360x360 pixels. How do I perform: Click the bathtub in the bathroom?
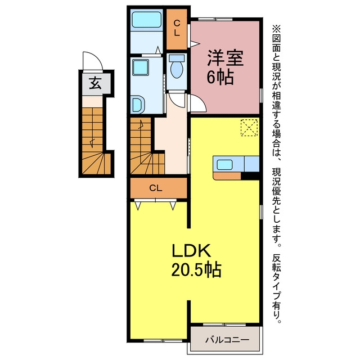[146, 20]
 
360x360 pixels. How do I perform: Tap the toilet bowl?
[177, 68]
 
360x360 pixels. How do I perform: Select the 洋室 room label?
[225, 58]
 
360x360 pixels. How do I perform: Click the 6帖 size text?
[220, 77]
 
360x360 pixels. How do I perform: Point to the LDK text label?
[192, 251]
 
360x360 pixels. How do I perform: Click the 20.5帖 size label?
[196, 269]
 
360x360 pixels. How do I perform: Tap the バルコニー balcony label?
[227, 340]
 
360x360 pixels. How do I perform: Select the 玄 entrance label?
[95, 83]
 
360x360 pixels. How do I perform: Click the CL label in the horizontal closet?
[156, 188]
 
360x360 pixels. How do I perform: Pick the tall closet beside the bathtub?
[177, 29]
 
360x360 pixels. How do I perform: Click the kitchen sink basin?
[225, 165]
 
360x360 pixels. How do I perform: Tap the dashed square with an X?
[249, 128]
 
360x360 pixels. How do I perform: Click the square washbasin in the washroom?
[141, 67]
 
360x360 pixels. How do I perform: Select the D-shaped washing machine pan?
[138, 105]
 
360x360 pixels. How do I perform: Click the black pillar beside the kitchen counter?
[250, 175]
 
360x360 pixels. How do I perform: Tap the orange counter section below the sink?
[227, 176]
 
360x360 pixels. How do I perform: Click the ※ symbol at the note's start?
[277, 29]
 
